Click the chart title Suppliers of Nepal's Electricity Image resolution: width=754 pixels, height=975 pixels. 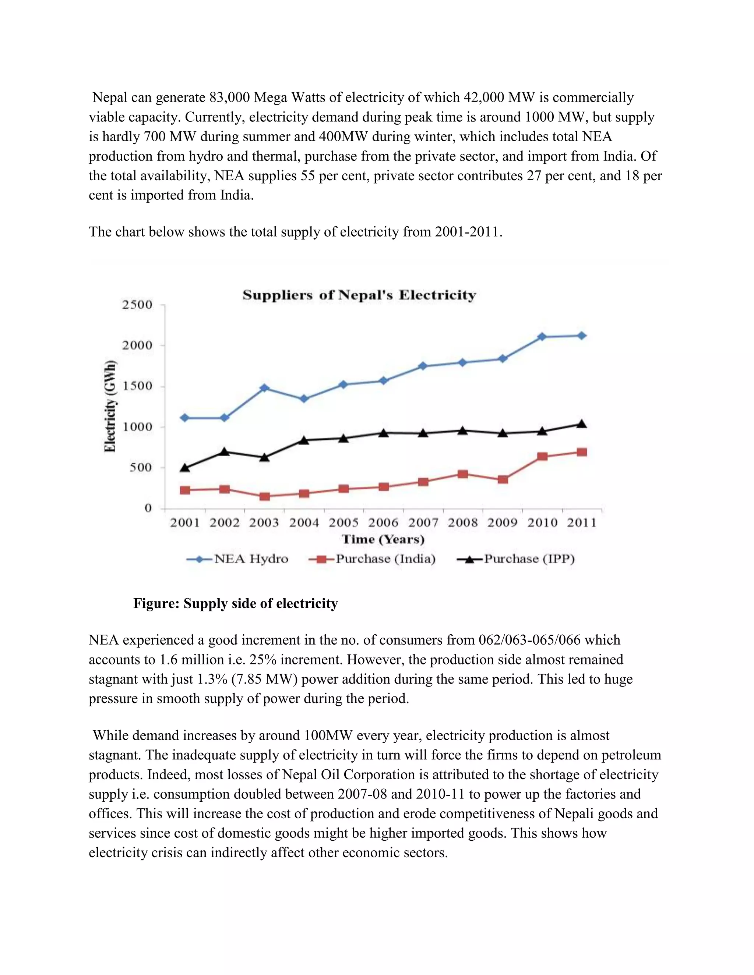click(359, 295)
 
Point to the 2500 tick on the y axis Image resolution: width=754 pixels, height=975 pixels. click(137, 305)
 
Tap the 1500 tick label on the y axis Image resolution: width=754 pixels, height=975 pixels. click(137, 386)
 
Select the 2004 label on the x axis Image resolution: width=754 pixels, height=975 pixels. click(304, 523)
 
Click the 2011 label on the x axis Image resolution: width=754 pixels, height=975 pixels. click(582, 523)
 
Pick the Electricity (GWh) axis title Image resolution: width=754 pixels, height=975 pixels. click(110, 406)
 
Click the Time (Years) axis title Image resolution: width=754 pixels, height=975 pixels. click(383, 539)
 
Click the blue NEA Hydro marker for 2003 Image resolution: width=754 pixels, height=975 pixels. click(264, 388)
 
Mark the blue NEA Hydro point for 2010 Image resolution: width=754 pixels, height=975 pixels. click(542, 337)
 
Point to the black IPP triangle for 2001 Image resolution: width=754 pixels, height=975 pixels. click(185, 467)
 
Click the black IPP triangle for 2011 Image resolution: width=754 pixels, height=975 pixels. click(582, 423)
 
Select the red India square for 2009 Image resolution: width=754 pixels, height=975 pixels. click(503, 479)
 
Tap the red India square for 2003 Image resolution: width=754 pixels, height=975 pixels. click(264, 496)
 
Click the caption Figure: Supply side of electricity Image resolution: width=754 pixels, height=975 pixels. click(235, 603)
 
